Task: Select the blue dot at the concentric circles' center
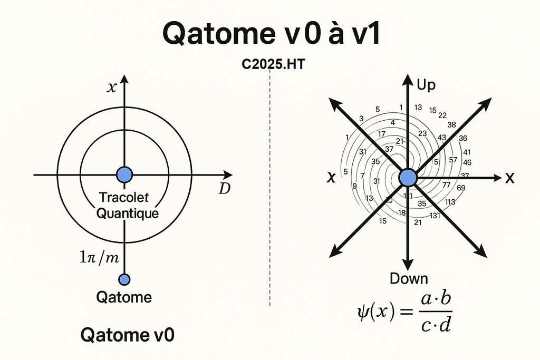click(x=124, y=174)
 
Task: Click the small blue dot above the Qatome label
click(x=124, y=279)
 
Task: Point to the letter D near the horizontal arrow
click(x=225, y=188)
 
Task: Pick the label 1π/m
click(x=99, y=258)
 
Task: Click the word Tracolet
click(x=124, y=198)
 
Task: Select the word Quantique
click(x=129, y=213)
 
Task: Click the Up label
click(x=426, y=85)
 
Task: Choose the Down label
click(x=409, y=278)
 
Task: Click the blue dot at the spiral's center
click(x=408, y=178)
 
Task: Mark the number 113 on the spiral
click(x=450, y=201)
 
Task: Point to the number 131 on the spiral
click(x=435, y=215)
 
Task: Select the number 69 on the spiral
click(x=461, y=188)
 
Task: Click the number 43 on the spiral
click(x=442, y=138)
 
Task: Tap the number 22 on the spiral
click(x=442, y=115)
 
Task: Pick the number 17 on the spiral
click(x=381, y=134)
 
